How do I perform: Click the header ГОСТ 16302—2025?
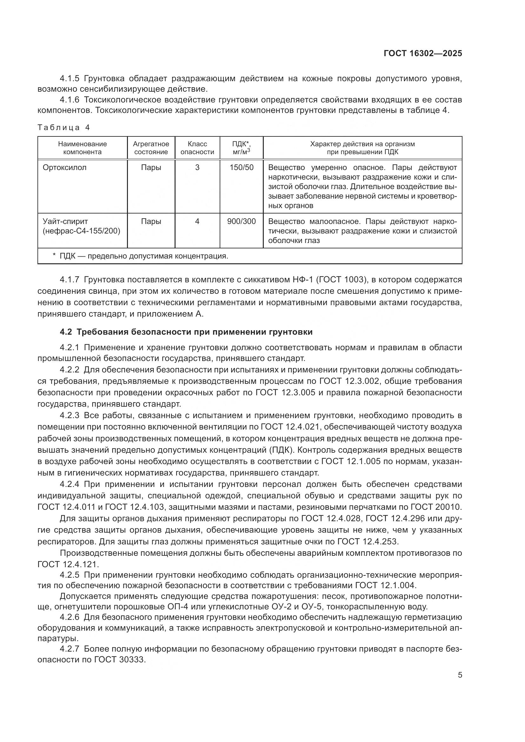(x=422, y=53)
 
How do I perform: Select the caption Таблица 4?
(x=63, y=127)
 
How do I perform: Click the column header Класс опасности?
(x=197, y=148)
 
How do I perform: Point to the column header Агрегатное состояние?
(x=151, y=148)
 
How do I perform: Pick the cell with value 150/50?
(x=242, y=167)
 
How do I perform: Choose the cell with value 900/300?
(x=242, y=221)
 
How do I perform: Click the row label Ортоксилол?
(x=65, y=167)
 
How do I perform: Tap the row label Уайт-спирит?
(x=65, y=221)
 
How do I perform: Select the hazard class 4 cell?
(x=197, y=221)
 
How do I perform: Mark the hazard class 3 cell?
(x=197, y=167)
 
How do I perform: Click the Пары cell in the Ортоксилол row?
(x=151, y=167)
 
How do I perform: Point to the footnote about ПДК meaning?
(x=141, y=256)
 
